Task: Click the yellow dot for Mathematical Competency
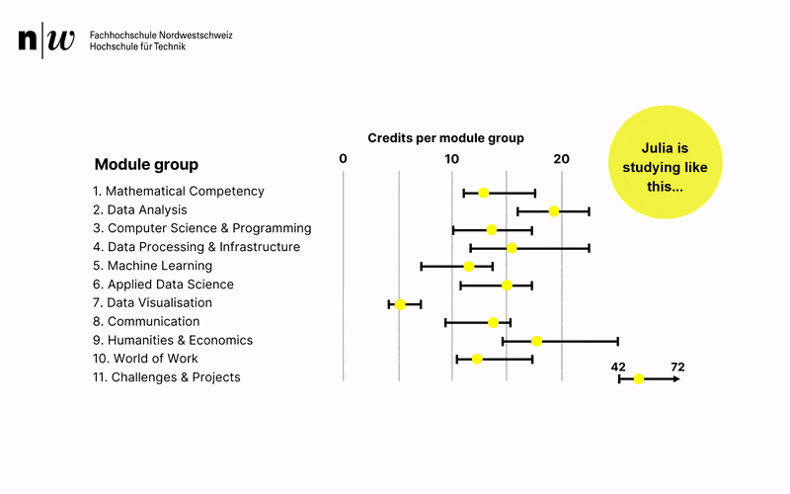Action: pyautogui.click(x=483, y=193)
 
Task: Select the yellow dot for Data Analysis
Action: pyautogui.click(x=554, y=211)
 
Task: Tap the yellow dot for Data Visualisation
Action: pyautogui.click(x=400, y=304)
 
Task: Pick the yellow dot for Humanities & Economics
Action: pyautogui.click(x=536, y=341)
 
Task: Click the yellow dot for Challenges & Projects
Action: pyautogui.click(x=639, y=378)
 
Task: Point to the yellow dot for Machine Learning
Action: pyautogui.click(x=469, y=267)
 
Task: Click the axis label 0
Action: pyautogui.click(x=343, y=159)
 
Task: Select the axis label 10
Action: pyautogui.click(x=451, y=159)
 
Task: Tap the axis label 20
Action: pyautogui.click(x=561, y=159)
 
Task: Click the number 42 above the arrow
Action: pyautogui.click(x=619, y=367)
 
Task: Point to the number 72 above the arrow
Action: pyautogui.click(x=677, y=367)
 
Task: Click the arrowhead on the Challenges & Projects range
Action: pyautogui.click(x=676, y=378)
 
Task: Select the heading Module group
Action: pyautogui.click(x=146, y=165)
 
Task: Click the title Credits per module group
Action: pyautogui.click(x=445, y=138)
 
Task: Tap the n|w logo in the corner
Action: pyautogui.click(x=46, y=41)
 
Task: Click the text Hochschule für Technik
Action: pyautogui.click(x=137, y=46)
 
